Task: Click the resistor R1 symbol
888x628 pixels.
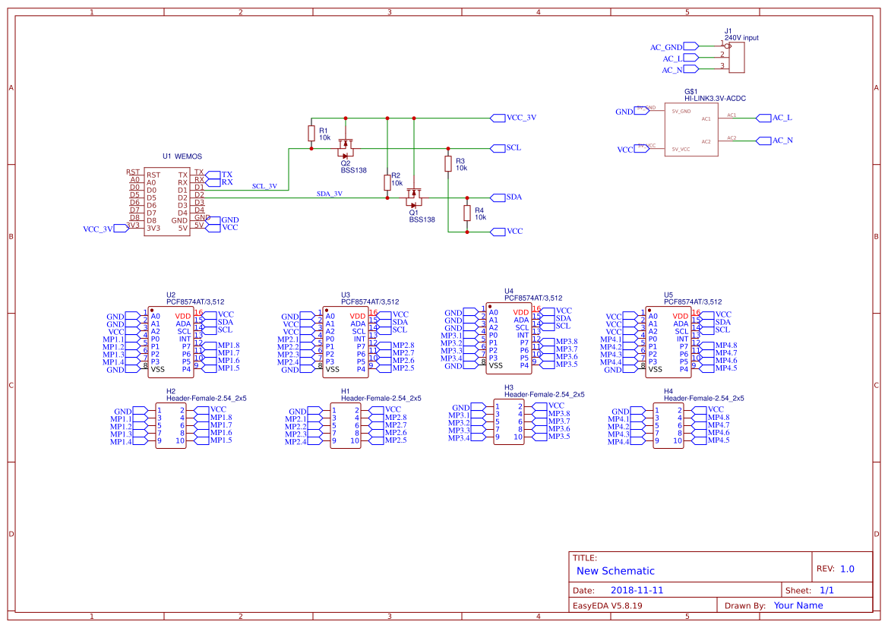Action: click(x=311, y=134)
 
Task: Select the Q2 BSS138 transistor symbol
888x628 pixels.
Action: click(x=346, y=147)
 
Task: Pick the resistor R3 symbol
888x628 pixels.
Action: click(x=448, y=164)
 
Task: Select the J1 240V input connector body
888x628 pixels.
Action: click(x=736, y=57)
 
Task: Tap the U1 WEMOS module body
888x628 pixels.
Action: click(x=167, y=202)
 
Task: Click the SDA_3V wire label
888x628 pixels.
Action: click(x=330, y=194)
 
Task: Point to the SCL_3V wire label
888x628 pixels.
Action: click(x=264, y=186)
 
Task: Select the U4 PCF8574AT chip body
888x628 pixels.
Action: click(x=508, y=338)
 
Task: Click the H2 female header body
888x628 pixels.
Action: click(x=171, y=426)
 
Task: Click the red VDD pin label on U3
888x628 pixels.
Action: click(x=358, y=316)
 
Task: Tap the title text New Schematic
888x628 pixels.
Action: click(x=615, y=571)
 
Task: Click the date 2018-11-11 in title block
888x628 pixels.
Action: click(x=637, y=590)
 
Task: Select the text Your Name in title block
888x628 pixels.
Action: click(x=798, y=605)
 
